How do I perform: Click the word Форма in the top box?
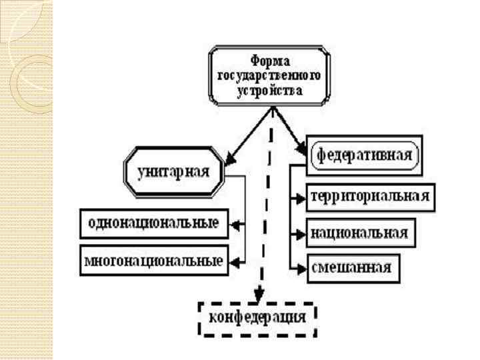point(269,60)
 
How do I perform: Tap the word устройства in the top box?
point(269,88)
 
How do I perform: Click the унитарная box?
point(173,171)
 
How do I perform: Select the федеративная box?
point(364,155)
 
